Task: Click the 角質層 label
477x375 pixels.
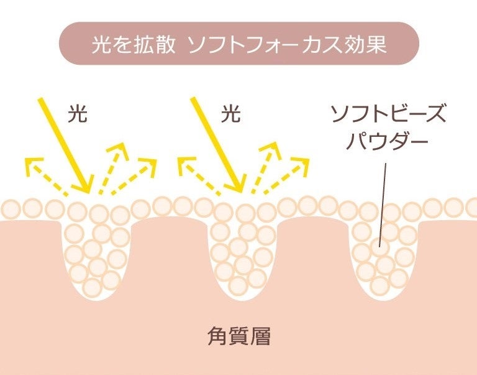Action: tap(238, 336)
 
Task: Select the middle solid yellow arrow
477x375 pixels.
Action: tap(217, 146)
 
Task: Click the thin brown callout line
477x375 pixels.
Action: tap(383, 199)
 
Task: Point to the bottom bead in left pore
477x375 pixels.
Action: tap(92, 287)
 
